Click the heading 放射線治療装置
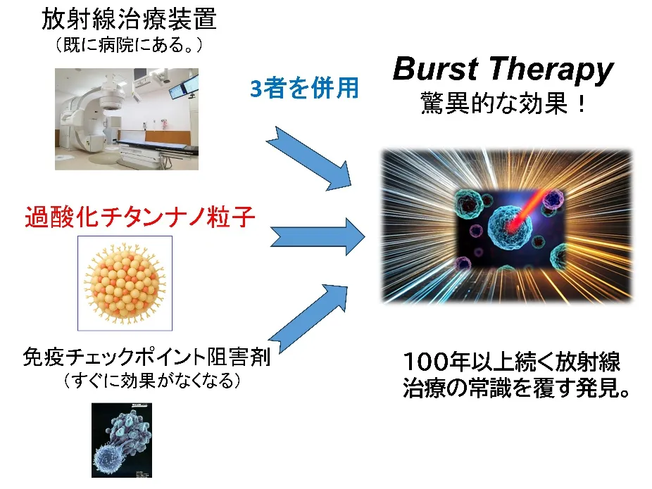click(x=129, y=19)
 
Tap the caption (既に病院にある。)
click(x=128, y=44)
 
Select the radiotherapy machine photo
click(x=127, y=119)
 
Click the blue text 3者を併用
click(x=304, y=88)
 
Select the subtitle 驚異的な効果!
click(x=503, y=103)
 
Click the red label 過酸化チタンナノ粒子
click(x=139, y=217)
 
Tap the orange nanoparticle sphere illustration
click(x=125, y=284)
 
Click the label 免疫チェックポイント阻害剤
click(x=146, y=357)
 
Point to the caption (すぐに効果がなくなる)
click(x=152, y=380)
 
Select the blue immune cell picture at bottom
click(x=122, y=440)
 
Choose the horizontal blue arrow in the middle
click(x=318, y=237)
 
